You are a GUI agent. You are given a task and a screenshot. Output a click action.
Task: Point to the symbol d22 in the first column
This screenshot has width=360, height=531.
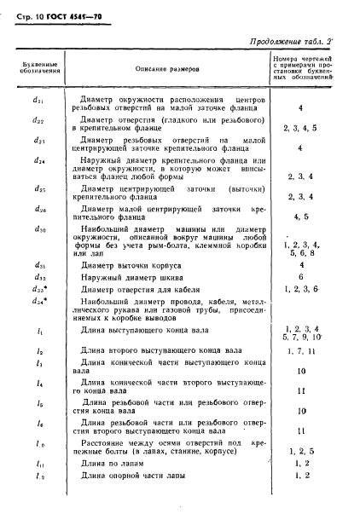pyautogui.click(x=38, y=121)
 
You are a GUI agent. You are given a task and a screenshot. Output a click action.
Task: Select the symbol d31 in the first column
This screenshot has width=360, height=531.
pyautogui.click(x=38, y=264)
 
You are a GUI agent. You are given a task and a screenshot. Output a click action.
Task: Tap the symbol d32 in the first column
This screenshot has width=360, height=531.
pyautogui.click(x=38, y=277)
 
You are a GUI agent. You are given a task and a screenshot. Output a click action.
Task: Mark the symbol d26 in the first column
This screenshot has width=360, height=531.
pyautogui.click(x=38, y=208)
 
